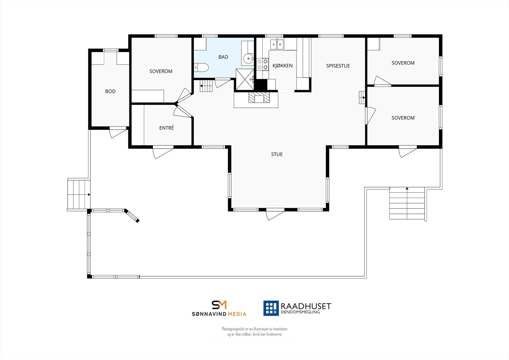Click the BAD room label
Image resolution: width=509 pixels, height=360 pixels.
[223, 57]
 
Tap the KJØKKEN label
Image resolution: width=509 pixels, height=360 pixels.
[282, 66]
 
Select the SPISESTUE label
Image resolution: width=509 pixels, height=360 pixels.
[338, 66]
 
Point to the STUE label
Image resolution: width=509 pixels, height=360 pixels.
[277, 154]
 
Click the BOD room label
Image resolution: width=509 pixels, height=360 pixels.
[110, 91]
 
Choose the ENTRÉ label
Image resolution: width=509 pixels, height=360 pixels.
[166, 128]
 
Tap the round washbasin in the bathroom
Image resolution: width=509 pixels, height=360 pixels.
[248, 59]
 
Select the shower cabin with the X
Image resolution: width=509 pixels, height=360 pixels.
[245, 79]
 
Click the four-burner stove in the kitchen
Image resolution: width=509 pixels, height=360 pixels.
[262, 64]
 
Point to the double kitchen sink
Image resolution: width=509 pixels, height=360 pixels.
[277, 44]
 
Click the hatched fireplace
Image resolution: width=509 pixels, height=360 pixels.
[259, 97]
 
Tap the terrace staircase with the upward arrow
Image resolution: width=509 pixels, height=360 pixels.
[407, 203]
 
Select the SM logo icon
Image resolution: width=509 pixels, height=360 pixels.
[219, 305]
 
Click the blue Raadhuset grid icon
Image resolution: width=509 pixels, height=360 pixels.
[271, 308]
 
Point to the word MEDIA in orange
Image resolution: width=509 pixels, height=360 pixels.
[237, 314]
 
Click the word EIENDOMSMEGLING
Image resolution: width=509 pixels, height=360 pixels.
[300, 312]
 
